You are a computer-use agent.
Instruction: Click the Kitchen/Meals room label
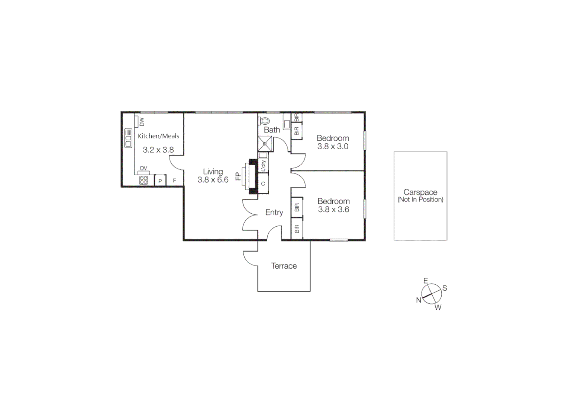point(158,136)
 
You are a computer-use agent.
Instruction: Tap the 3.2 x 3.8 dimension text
point(158,150)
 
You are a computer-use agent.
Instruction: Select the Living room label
point(213,172)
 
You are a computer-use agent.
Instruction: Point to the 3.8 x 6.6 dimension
point(213,180)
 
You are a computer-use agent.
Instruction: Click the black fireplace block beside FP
point(253,177)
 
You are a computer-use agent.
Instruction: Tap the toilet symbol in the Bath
point(265,121)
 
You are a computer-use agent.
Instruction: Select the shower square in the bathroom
point(265,144)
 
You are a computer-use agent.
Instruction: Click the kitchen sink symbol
point(128,138)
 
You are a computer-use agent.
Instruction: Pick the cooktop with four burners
point(143,181)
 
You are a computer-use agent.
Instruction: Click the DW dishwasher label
point(142,122)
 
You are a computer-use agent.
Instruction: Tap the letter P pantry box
point(160,181)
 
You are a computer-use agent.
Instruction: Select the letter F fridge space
point(174,181)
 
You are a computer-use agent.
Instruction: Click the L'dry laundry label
point(264,166)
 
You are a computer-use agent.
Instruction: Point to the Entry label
point(274,213)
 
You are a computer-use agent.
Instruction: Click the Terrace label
point(284,266)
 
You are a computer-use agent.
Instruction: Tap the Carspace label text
point(420,192)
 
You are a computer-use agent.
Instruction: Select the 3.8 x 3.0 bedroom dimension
point(333,147)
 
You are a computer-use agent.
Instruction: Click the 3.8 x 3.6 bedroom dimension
point(333,210)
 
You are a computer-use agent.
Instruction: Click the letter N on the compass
point(419,300)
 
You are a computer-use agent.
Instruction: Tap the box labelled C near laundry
point(263,184)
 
